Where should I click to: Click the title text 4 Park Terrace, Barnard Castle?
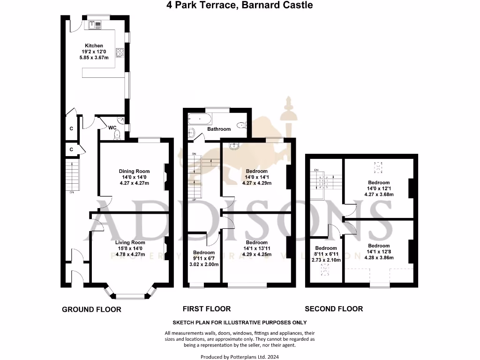[240, 5]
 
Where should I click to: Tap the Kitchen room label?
[94, 46]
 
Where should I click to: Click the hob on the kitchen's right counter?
[120, 52]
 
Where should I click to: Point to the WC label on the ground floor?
[112, 127]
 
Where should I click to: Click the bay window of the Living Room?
[131, 295]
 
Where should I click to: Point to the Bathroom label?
[219, 129]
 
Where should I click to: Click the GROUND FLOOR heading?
[91, 309]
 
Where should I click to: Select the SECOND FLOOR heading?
[334, 309]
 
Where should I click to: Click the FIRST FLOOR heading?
[207, 309]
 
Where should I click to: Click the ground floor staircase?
[72, 173]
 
